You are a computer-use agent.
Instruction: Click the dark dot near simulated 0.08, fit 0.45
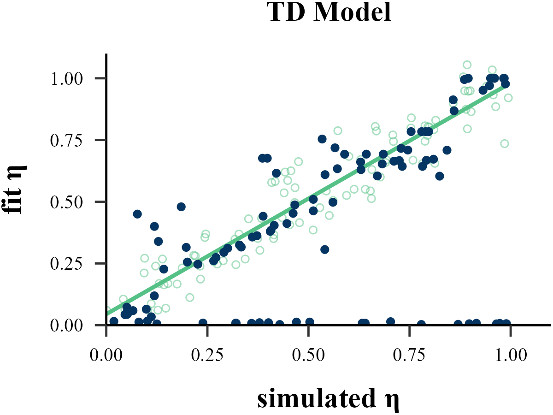point(137,214)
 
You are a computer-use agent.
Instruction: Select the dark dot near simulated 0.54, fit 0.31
point(325,249)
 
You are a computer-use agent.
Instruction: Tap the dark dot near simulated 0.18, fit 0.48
point(181,207)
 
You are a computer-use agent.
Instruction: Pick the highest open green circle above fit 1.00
point(467,65)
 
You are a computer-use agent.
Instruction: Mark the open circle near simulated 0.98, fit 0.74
point(505,143)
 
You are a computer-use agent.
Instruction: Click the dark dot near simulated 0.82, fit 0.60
point(440,176)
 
